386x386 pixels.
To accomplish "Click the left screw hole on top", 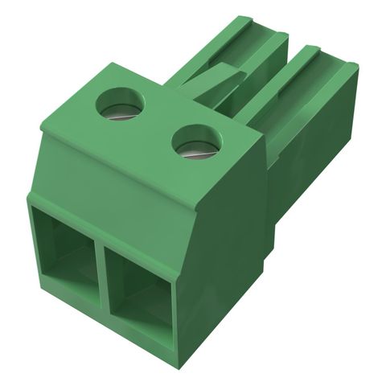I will click(118, 104).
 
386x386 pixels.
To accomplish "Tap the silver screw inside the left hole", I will click(120, 112).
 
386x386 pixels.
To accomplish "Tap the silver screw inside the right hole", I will click(196, 149).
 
